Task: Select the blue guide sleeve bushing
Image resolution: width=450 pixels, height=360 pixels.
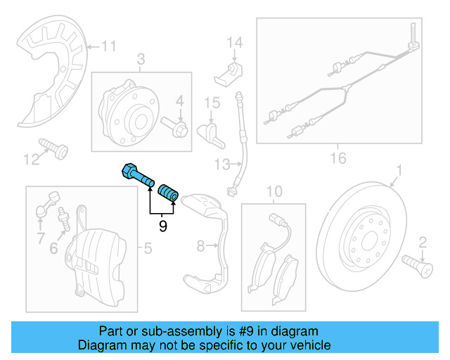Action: click(169, 191)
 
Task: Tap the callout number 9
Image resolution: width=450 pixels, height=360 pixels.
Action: click(162, 226)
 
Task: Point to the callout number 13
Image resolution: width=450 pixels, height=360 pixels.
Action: click(222, 165)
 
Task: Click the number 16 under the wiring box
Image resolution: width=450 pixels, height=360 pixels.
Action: click(338, 158)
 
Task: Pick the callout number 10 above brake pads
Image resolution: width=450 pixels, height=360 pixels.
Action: click(274, 191)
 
